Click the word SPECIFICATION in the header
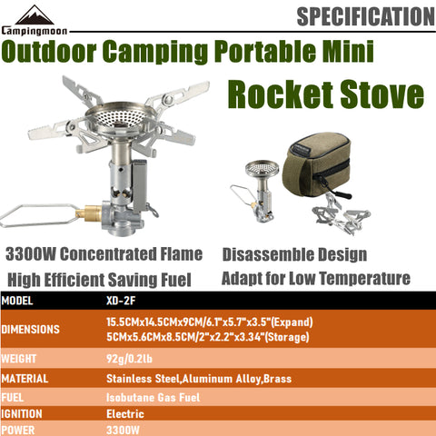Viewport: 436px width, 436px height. [364, 16]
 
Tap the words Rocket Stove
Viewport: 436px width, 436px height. [325, 94]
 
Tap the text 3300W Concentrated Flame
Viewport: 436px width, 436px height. [103, 254]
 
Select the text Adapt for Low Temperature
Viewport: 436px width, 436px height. [315, 278]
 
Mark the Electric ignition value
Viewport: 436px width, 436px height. [125, 413]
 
